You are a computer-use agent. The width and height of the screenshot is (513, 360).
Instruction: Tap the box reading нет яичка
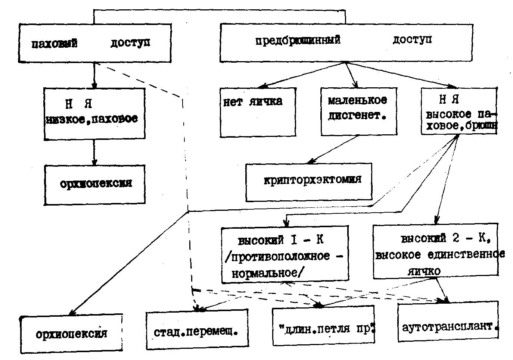(x=258, y=112)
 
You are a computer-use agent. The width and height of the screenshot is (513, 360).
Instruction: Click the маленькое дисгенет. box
(x=358, y=111)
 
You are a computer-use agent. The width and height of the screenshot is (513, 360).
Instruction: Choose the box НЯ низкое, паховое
(x=94, y=113)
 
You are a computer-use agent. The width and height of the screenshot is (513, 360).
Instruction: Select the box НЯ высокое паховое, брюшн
(x=459, y=112)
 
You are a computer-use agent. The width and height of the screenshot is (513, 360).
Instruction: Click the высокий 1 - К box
(x=285, y=253)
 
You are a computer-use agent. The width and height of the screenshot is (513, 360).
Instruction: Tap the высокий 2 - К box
(x=435, y=250)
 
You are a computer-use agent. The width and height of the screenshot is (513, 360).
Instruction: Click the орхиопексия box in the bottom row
(x=71, y=334)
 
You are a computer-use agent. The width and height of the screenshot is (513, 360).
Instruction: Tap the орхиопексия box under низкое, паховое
(x=95, y=184)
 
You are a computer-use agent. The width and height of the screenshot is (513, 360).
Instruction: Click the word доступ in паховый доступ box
(x=130, y=43)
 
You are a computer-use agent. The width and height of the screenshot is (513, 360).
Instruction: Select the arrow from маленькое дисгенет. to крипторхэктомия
(x=332, y=150)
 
